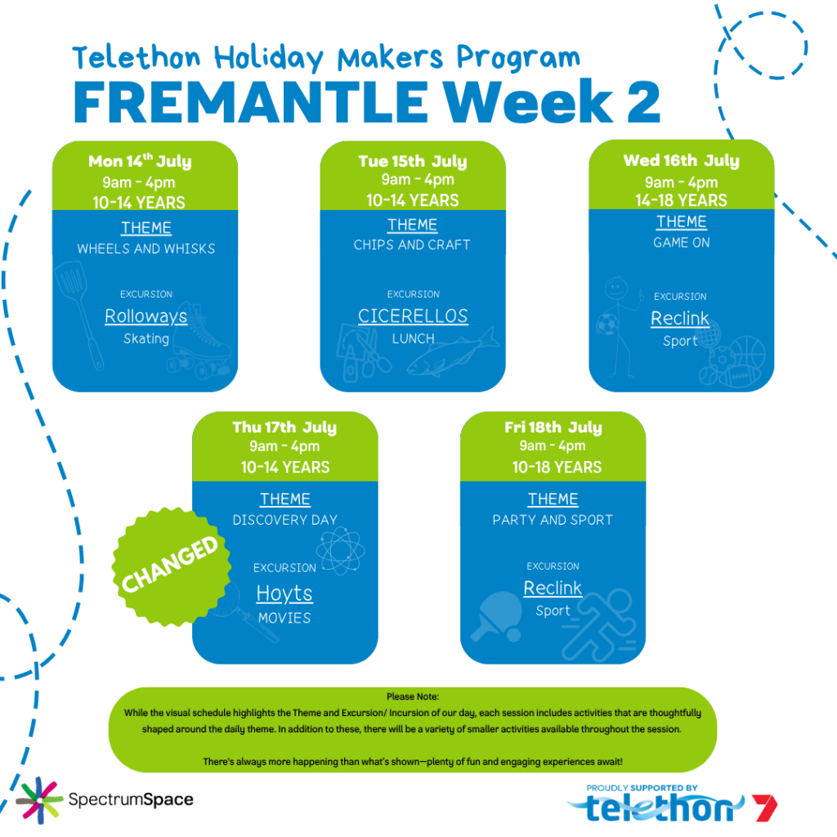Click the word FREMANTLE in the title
251,102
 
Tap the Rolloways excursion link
145,316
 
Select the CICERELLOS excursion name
413,316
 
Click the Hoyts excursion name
284,593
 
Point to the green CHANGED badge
172,566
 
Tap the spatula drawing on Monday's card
79,313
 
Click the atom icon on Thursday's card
341,551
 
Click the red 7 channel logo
764,808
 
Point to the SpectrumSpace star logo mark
39,800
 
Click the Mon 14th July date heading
140,161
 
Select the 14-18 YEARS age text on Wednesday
681,200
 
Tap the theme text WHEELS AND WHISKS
145,248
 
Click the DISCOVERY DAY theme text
284,520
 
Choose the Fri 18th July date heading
553,427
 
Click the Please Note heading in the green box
413,696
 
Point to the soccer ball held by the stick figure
607,324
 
